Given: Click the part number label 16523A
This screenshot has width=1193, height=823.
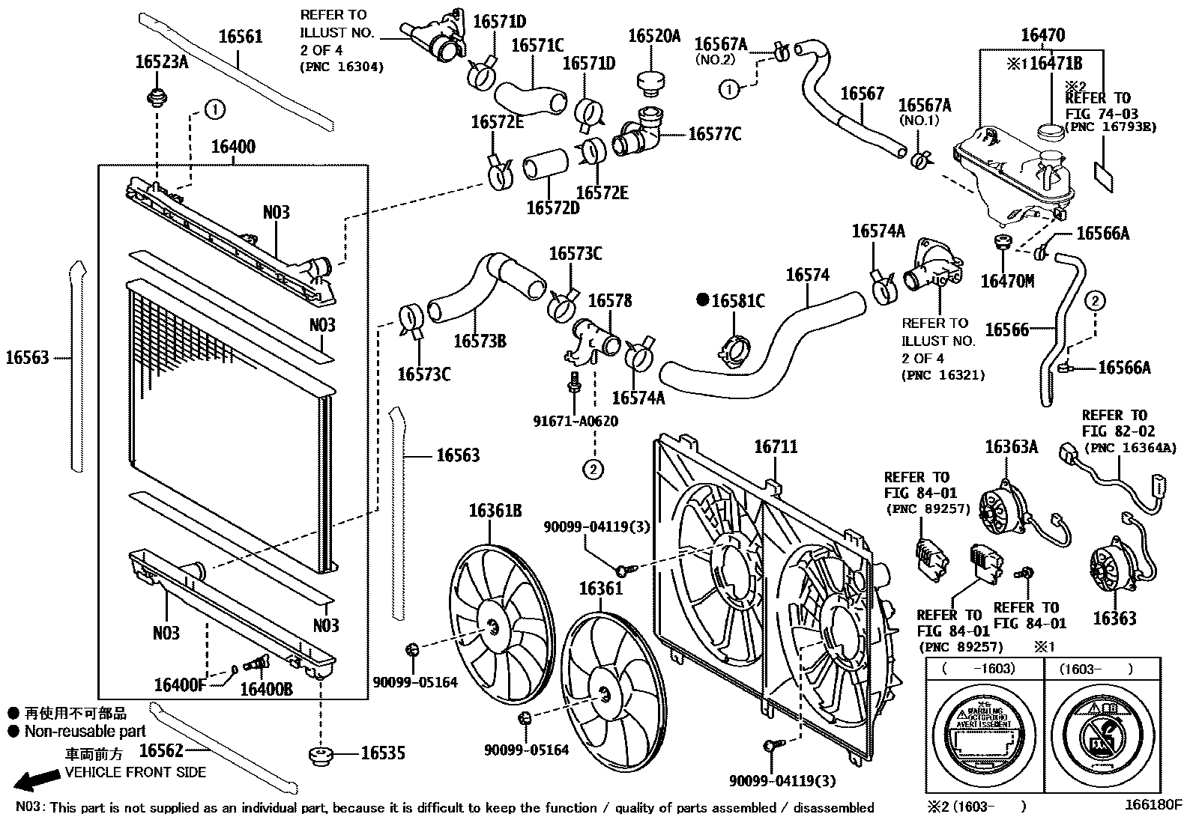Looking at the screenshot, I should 160,61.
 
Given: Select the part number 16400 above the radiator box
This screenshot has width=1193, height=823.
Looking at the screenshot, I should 232,147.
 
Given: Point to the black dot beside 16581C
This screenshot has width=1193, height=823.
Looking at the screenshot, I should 702,300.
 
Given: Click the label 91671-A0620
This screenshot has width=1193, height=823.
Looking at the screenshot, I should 576,421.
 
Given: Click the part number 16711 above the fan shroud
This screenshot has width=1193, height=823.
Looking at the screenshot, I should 775,447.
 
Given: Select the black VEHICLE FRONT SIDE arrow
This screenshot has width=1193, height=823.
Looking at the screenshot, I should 37,780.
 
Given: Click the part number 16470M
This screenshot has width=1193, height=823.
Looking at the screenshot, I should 1006,281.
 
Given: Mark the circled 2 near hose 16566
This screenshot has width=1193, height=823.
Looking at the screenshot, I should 1094,301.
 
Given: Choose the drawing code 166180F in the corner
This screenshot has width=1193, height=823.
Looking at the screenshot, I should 1152,806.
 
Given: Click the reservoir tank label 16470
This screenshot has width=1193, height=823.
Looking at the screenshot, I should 1042,34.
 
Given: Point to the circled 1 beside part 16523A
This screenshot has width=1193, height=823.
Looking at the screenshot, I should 214,110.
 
